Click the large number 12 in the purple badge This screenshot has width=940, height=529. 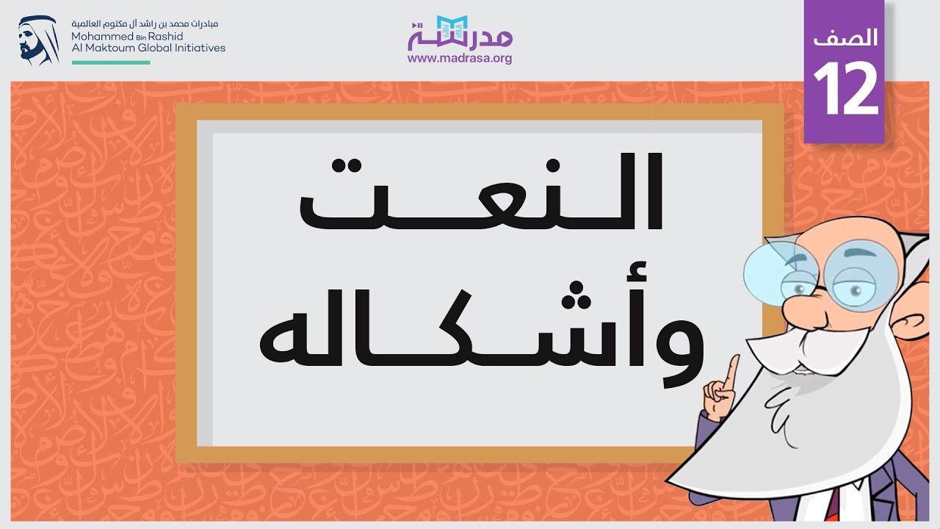point(845,89)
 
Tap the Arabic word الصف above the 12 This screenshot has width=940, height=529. point(845,38)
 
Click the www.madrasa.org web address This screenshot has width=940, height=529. point(460,59)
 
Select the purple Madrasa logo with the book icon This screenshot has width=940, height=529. point(460,34)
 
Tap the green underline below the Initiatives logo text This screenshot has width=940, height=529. point(111,62)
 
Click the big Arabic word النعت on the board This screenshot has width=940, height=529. point(481,192)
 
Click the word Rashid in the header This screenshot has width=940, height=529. point(168,36)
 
